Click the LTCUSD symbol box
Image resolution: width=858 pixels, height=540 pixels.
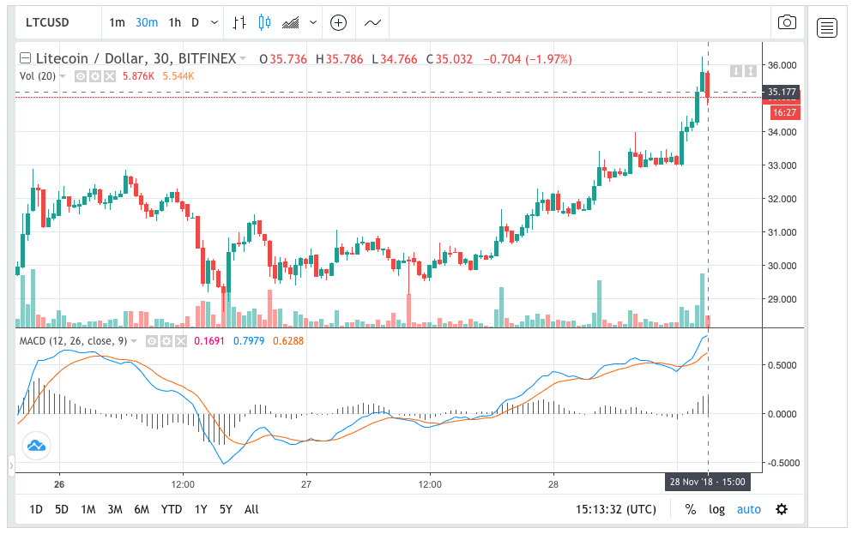click(x=48, y=23)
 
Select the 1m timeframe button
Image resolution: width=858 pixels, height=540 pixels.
click(x=118, y=23)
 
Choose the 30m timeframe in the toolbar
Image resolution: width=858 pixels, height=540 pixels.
click(x=146, y=23)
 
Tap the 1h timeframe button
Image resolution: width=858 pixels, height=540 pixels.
click(x=174, y=23)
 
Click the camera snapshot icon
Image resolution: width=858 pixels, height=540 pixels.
click(x=786, y=23)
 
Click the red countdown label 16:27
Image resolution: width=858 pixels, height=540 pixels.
click(x=783, y=112)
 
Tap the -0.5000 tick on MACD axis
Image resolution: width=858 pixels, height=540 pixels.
click(x=783, y=463)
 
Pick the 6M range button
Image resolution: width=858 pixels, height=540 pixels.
click(x=142, y=509)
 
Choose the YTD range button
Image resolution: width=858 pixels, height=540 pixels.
click(x=172, y=509)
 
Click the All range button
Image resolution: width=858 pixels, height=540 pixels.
click(x=251, y=509)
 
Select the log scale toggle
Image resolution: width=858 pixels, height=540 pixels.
click(x=716, y=509)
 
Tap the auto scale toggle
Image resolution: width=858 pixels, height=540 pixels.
click(x=749, y=509)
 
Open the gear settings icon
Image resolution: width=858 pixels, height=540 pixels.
click(x=782, y=509)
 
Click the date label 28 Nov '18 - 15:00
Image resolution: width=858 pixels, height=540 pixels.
click(x=707, y=482)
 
